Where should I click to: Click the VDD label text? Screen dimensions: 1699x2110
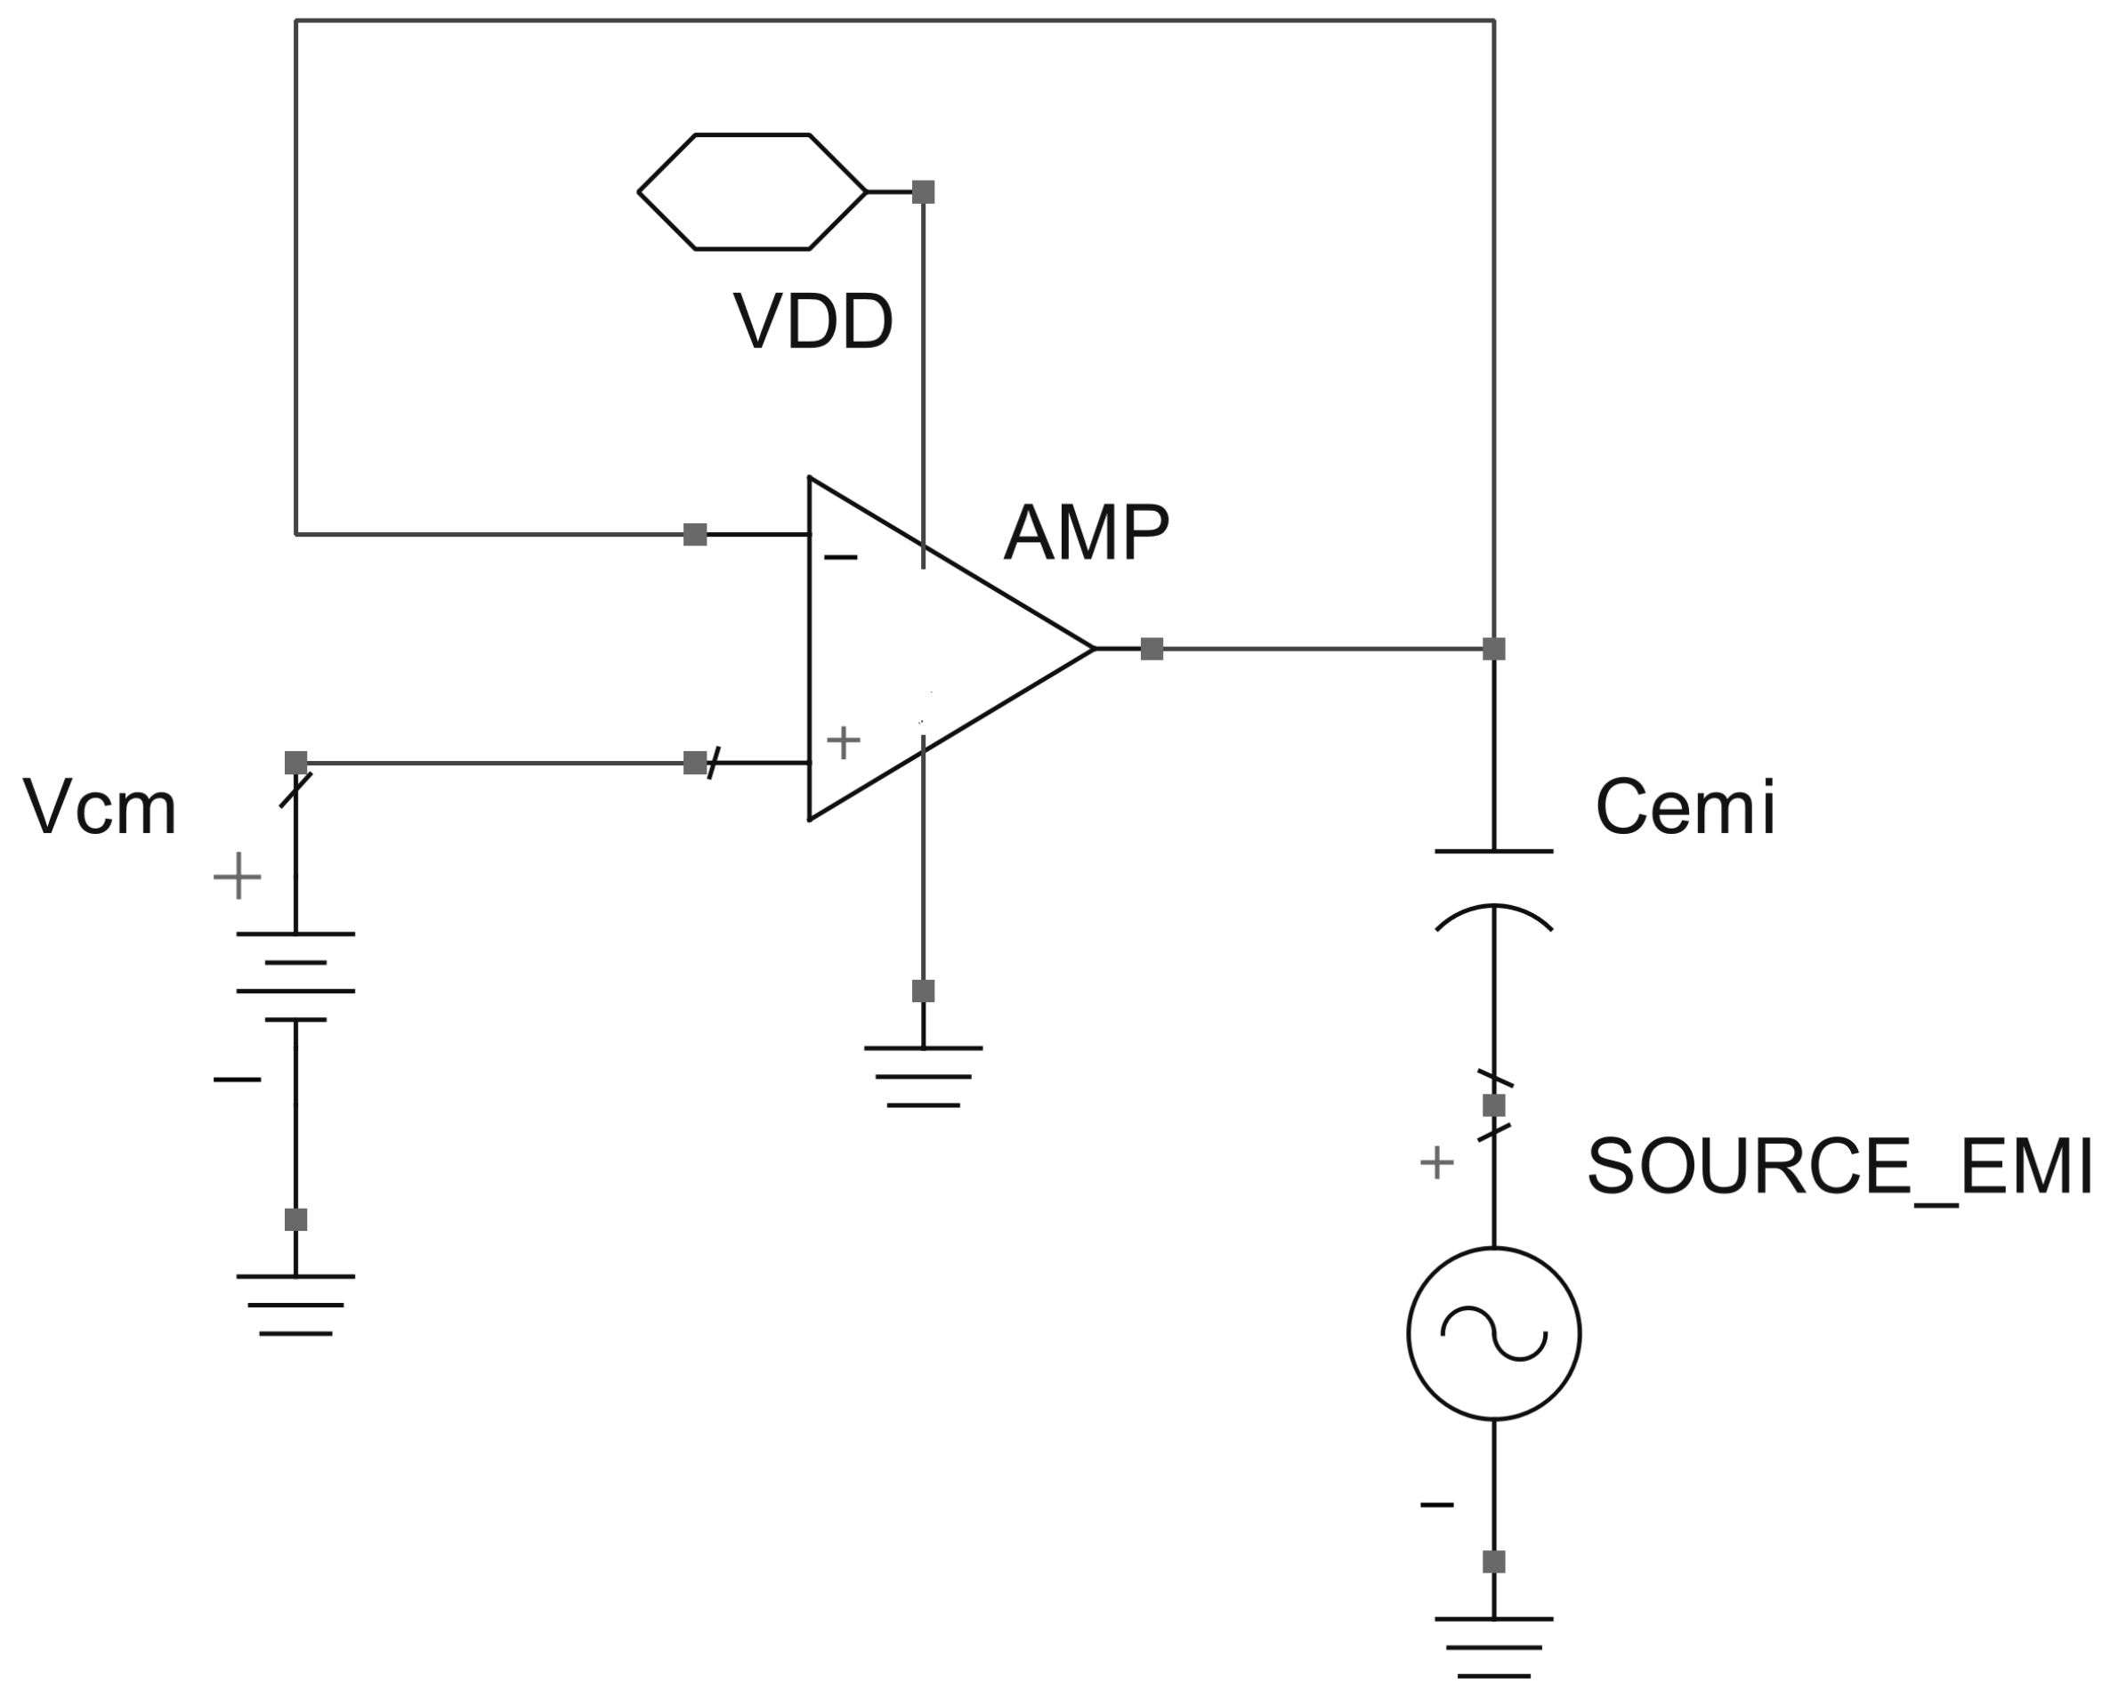[812, 321]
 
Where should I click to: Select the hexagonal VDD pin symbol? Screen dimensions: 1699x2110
[752, 192]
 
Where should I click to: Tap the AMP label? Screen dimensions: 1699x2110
[1087, 532]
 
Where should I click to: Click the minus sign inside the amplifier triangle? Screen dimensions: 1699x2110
[841, 558]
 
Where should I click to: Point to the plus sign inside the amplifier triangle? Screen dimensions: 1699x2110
[844, 742]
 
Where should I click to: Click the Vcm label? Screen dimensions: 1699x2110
[100, 808]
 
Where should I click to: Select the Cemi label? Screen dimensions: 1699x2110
[1686, 808]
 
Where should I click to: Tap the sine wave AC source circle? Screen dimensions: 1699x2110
[1493, 1333]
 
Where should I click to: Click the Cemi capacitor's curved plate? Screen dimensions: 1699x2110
[1493, 916]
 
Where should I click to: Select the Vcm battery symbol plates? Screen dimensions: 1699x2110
[295, 976]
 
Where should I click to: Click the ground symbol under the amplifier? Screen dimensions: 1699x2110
[923, 1077]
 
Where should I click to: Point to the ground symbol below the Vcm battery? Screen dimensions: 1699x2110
[295, 1305]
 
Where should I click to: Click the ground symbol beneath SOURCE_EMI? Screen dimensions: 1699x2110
[1493, 1647]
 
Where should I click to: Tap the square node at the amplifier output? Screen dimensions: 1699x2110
[1152, 649]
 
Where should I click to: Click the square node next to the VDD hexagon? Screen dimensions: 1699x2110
[923, 192]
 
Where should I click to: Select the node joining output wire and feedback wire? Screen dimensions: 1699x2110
[1493, 649]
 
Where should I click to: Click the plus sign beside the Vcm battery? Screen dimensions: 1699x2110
[238, 876]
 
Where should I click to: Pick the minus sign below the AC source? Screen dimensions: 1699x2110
[1436, 1504]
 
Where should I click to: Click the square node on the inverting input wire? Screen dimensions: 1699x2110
[695, 534]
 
